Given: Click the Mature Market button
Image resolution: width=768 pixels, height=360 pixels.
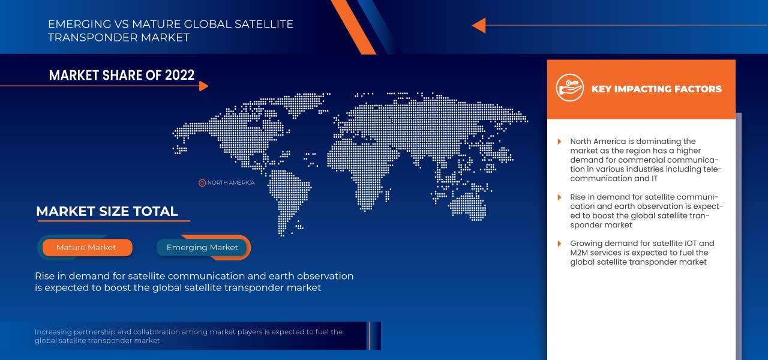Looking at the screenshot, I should point(86,247).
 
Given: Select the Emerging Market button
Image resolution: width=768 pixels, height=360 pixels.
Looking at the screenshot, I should point(202,247).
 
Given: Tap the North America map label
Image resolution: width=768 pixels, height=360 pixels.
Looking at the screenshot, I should point(231,182).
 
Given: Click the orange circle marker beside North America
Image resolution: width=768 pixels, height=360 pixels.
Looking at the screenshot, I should point(202,182).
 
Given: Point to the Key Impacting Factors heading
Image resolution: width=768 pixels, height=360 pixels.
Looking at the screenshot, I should point(656,89).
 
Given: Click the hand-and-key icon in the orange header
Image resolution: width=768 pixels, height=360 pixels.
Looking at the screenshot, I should point(569,88).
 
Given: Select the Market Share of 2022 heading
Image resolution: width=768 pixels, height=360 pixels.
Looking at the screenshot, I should point(122,75).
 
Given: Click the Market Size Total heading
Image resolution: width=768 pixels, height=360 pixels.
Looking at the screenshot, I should point(107,211).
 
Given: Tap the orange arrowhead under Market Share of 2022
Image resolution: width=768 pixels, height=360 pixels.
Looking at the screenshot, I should point(203,86).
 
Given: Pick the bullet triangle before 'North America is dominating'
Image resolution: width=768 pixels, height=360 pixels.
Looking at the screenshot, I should point(559,142).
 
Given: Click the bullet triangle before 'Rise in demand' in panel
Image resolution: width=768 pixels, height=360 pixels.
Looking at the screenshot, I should point(559,197).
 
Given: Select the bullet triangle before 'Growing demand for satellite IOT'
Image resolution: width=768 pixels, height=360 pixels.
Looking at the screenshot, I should point(559,244).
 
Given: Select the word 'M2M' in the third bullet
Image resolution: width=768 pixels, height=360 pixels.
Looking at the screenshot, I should point(580,253).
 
